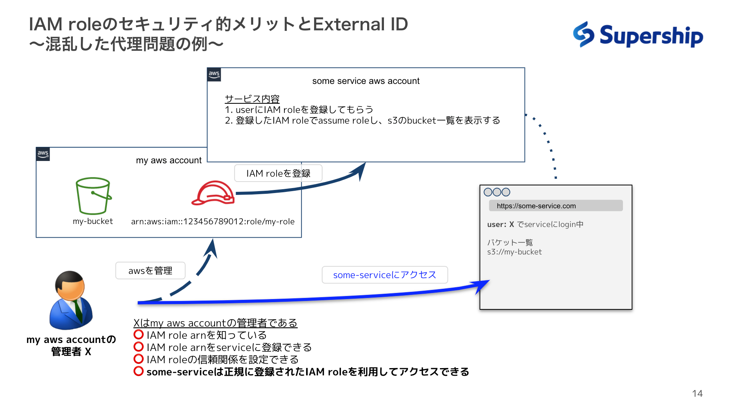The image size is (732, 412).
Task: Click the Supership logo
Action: tap(638, 35)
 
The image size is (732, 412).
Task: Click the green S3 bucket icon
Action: tap(93, 196)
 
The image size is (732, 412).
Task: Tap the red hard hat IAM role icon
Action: tap(213, 193)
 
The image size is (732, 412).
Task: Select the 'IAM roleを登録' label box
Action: tap(278, 174)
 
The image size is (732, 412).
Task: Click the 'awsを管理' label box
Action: tap(150, 271)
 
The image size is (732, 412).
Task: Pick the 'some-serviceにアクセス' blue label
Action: tap(384, 275)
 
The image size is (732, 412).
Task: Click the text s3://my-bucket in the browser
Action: tap(514, 252)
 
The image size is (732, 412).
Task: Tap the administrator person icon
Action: tap(71, 301)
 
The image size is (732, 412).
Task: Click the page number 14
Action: tap(697, 394)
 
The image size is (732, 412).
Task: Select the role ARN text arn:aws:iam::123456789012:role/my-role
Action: tap(213, 222)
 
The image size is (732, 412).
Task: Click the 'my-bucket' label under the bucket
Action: tap(93, 222)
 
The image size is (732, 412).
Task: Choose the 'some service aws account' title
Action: tap(366, 81)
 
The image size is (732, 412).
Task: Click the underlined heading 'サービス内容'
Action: tap(252, 99)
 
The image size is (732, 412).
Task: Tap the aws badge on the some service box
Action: tap(214, 74)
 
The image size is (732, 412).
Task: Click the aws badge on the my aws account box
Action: tap(43, 154)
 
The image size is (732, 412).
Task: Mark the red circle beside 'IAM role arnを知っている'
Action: tap(138, 335)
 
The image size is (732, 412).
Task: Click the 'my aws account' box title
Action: tap(169, 161)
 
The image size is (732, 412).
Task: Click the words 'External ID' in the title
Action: tap(360, 24)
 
